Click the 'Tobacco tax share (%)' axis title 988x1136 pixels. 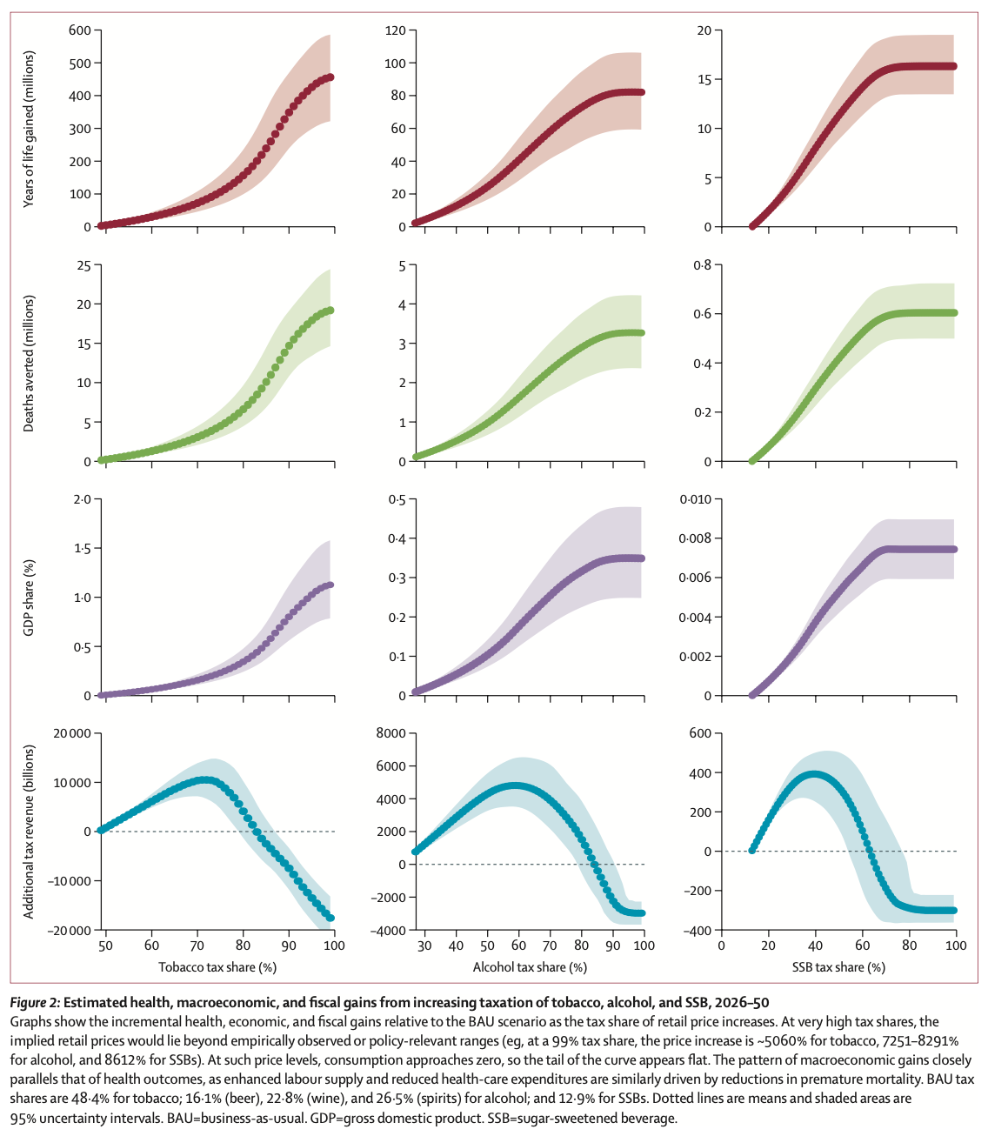217,967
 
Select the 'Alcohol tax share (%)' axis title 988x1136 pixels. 530,967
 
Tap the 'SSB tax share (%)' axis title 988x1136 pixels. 838,967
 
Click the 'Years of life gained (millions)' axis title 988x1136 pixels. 29,129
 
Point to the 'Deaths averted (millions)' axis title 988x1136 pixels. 29,364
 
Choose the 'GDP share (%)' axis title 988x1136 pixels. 29,598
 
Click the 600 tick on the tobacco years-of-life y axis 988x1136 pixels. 79,30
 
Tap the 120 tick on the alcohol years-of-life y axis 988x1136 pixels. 396,30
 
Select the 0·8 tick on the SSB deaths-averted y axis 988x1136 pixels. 702,265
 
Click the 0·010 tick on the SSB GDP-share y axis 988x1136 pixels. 695,499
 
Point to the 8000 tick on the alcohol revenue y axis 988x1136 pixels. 391,733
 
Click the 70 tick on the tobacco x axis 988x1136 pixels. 197,946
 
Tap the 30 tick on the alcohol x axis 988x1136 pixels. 424,946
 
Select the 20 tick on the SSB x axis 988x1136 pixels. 768,946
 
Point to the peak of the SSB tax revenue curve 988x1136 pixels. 815,773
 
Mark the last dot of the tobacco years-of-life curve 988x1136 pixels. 330,77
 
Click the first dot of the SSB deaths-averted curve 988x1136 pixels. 752,460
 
